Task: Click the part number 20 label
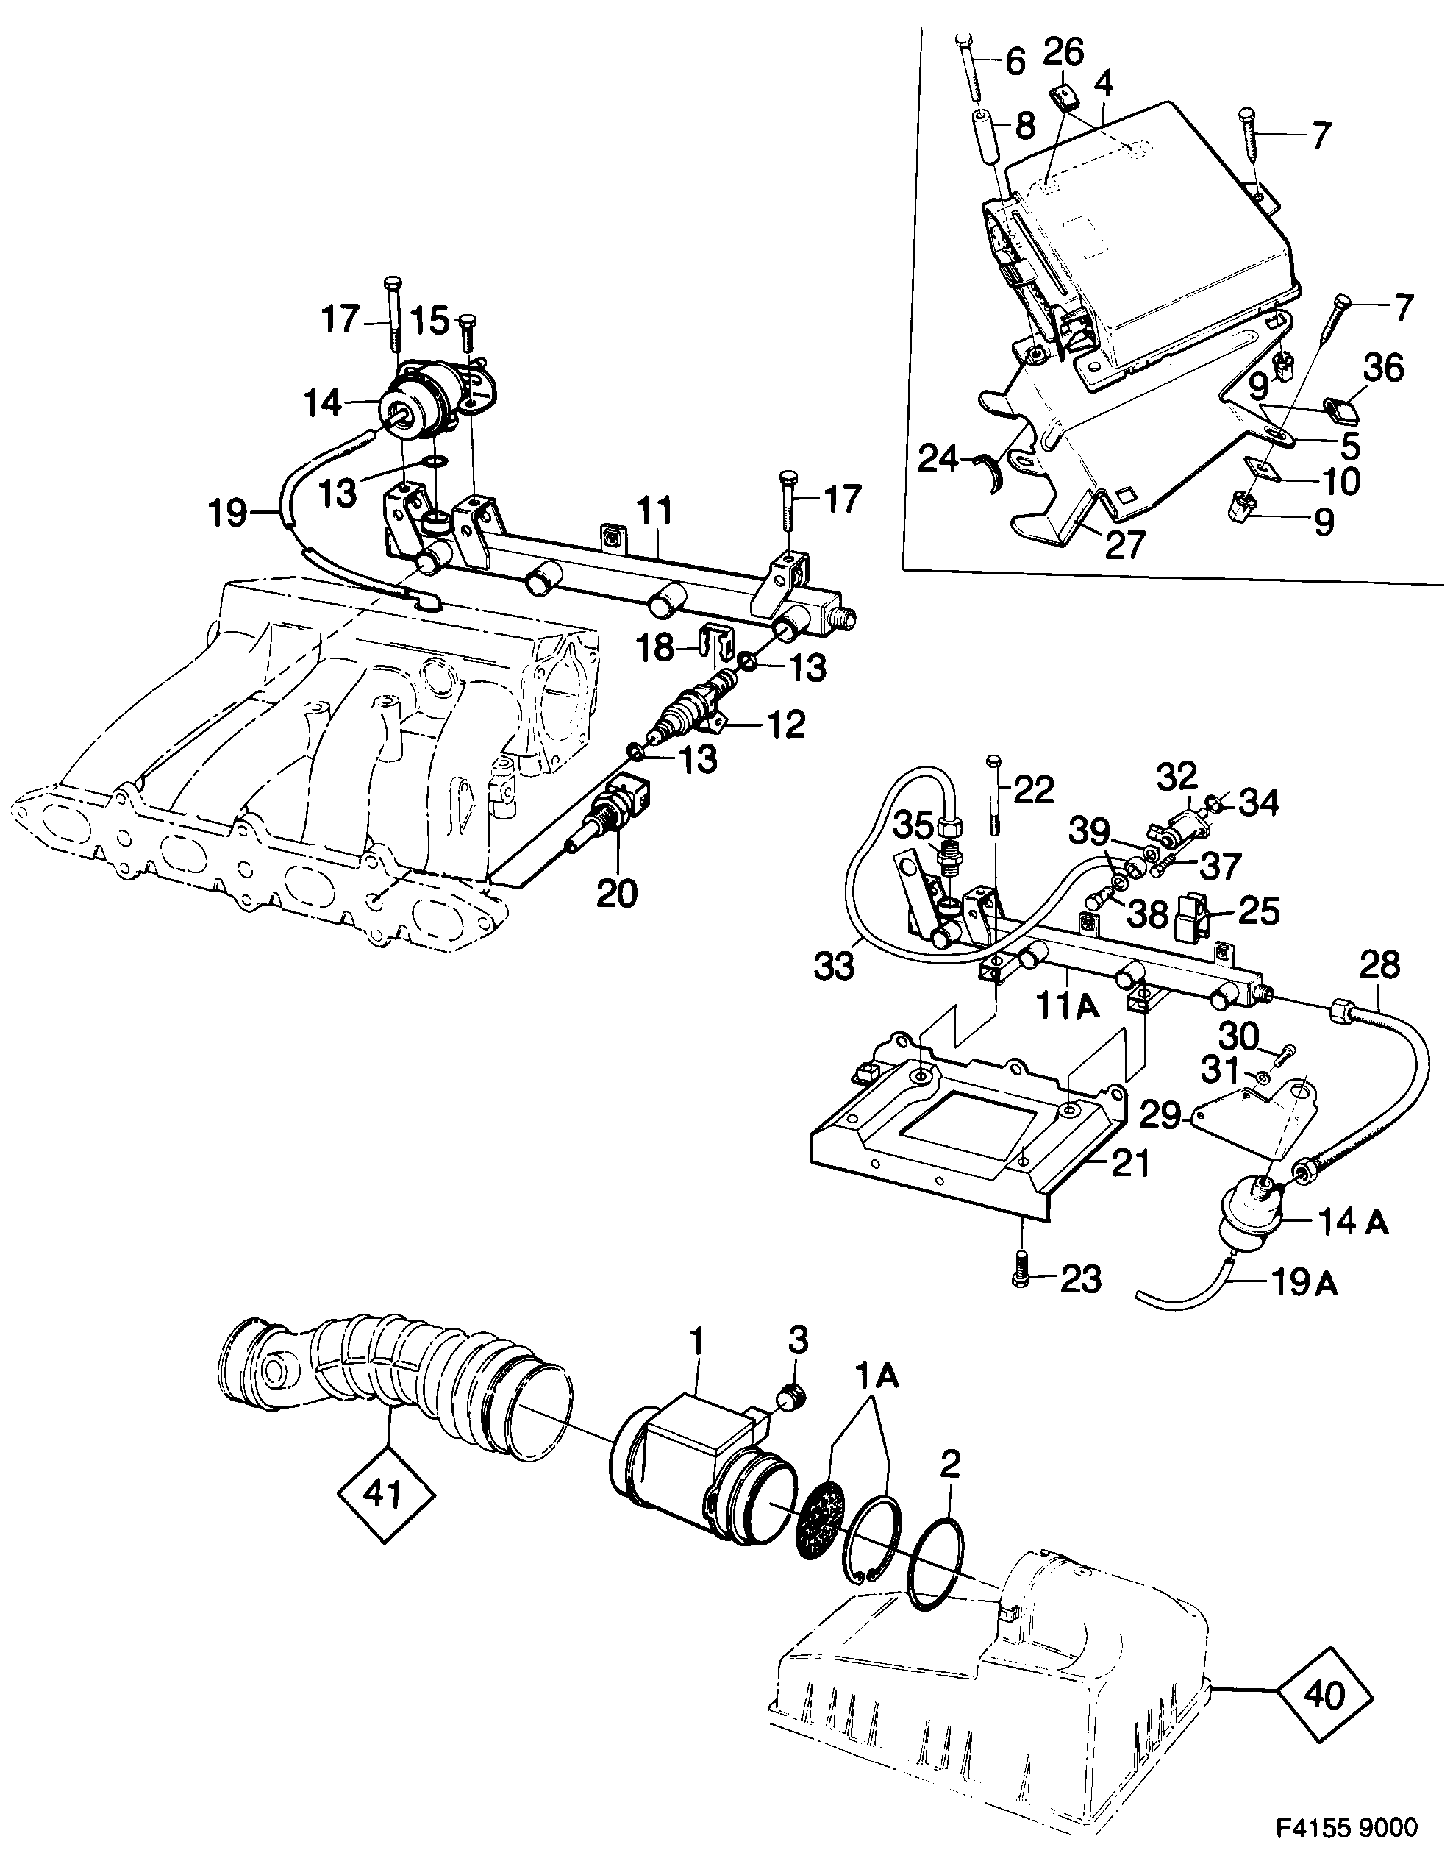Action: (617, 893)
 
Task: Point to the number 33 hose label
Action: (833, 967)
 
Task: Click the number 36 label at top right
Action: (1382, 370)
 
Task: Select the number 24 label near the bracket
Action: (940, 461)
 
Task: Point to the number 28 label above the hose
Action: (1378, 965)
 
